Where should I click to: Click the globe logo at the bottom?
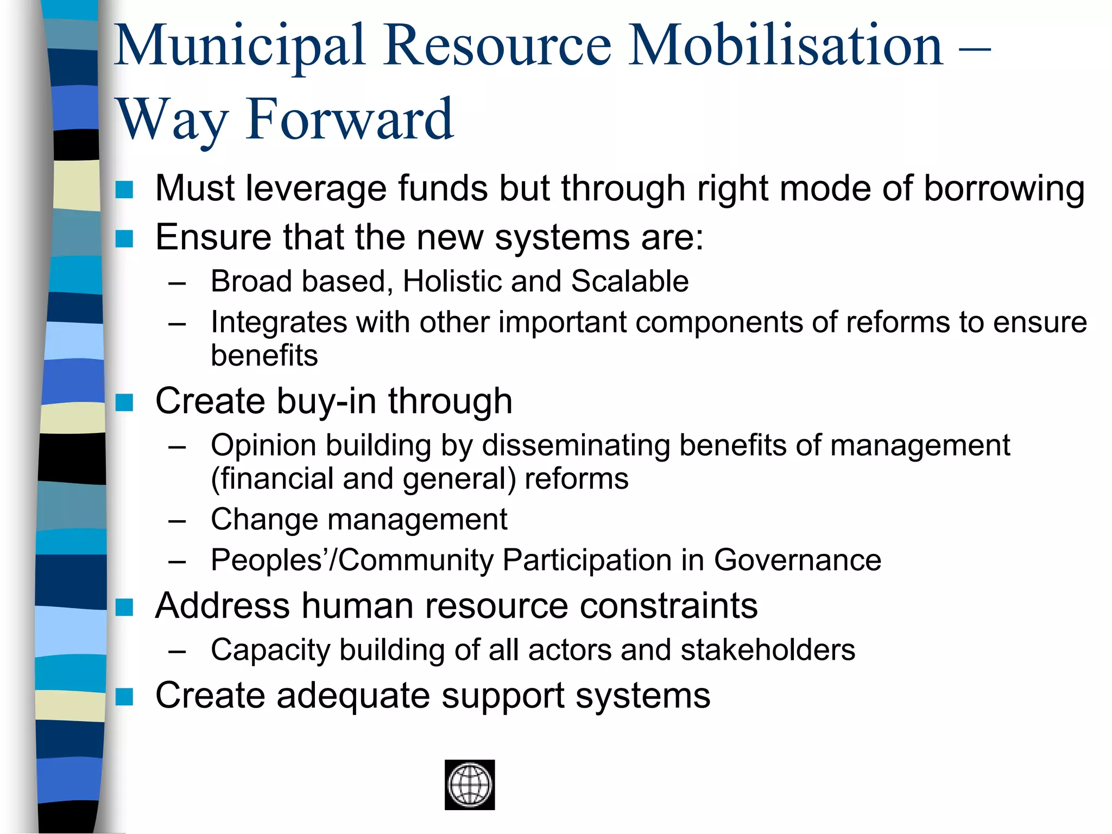470,785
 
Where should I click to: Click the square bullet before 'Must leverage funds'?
124,189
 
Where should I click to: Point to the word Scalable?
629,282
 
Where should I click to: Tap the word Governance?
797,560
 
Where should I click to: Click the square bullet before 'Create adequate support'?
124,697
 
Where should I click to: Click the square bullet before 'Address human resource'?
124,607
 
